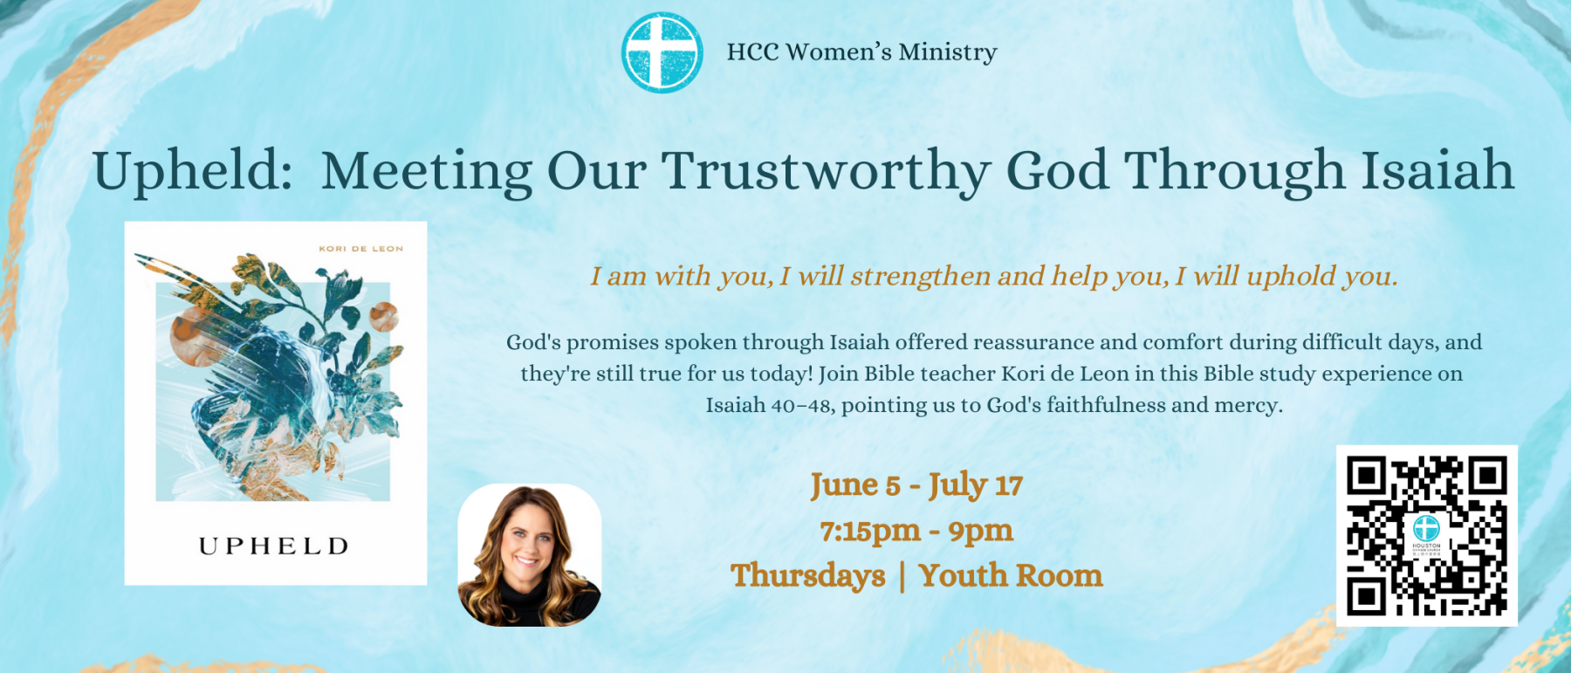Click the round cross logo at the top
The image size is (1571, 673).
click(x=662, y=52)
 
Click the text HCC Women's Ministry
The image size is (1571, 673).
click(x=861, y=52)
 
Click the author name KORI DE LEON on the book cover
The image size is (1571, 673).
click(x=361, y=249)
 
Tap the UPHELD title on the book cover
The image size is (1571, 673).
click(x=275, y=546)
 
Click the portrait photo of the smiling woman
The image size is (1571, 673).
click(x=530, y=555)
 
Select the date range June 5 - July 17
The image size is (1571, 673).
click(x=916, y=485)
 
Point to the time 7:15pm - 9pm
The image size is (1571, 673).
click(x=916, y=531)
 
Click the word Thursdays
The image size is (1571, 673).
click(x=808, y=576)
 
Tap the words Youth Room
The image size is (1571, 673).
click(x=1011, y=576)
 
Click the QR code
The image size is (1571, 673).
click(x=1427, y=536)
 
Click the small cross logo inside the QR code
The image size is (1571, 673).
click(x=1427, y=528)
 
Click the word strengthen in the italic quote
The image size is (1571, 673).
click(x=921, y=277)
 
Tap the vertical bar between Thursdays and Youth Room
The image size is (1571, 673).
click(x=902, y=577)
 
